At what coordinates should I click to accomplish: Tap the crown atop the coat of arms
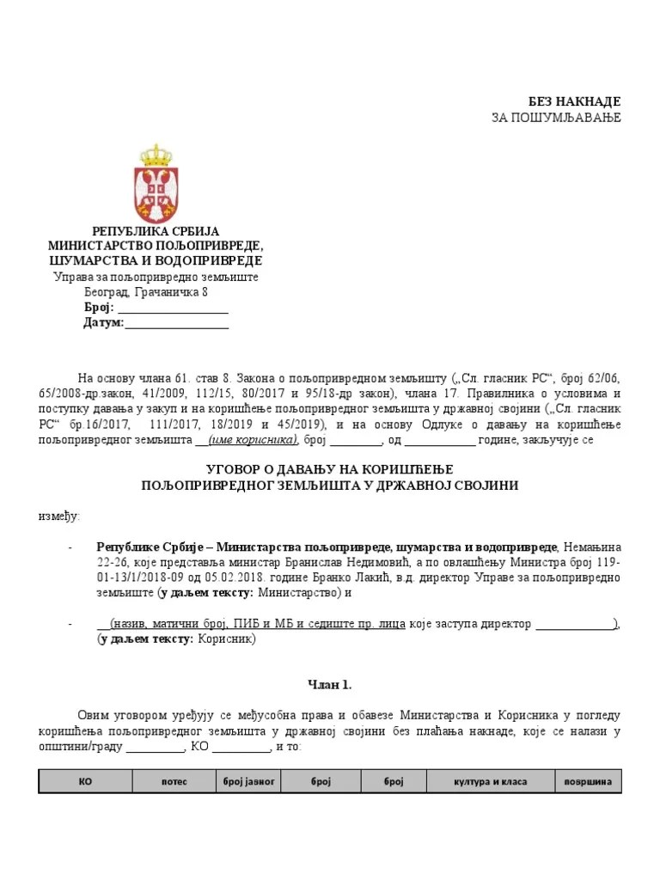(x=156, y=154)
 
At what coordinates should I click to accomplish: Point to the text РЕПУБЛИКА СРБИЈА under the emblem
(x=156, y=231)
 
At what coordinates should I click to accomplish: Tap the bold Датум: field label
(x=103, y=323)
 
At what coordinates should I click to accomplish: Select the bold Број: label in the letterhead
(x=98, y=308)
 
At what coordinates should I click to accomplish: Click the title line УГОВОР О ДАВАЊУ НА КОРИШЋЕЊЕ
(x=329, y=469)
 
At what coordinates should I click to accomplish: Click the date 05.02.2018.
(x=254, y=577)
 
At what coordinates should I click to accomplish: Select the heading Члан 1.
(x=329, y=685)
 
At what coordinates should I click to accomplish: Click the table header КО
(x=85, y=782)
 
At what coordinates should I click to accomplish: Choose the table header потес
(x=174, y=782)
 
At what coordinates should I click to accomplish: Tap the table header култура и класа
(x=490, y=782)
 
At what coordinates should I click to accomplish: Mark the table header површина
(x=588, y=782)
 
